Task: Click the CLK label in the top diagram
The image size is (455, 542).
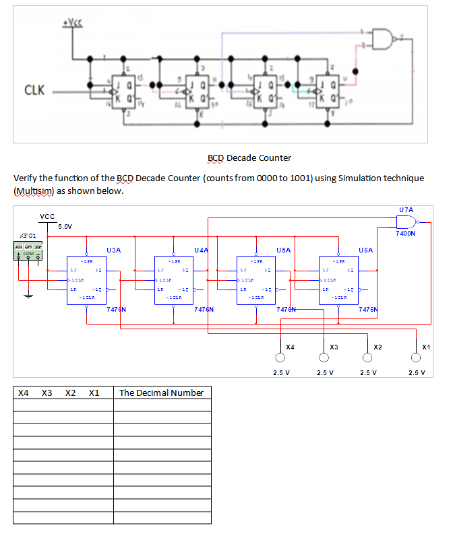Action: pyautogui.click(x=35, y=90)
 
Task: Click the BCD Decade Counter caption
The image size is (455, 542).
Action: pyautogui.click(x=249, y=158)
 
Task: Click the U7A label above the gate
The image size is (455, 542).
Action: pyautogui.click(x=406, y=210)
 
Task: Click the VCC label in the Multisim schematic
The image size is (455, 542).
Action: pyautogui.click(x=47, y=216)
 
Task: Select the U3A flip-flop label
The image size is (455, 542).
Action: pyautogui.click(x=113, y=250)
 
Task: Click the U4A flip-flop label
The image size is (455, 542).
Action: pyautogui.click(x=201, y=250)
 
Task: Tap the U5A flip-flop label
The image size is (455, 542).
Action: pyautogui.click(x=283, y=250)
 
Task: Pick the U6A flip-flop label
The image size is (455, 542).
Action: pyautogui.click(x=367, y=250)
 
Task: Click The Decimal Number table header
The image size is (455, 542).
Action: pyautogui.click(x=161, y=393)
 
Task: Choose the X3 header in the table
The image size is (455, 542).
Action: pyautogui.click(x=47, y=393)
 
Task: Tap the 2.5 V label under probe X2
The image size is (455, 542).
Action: pyautogui.click(x=369, y=372)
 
